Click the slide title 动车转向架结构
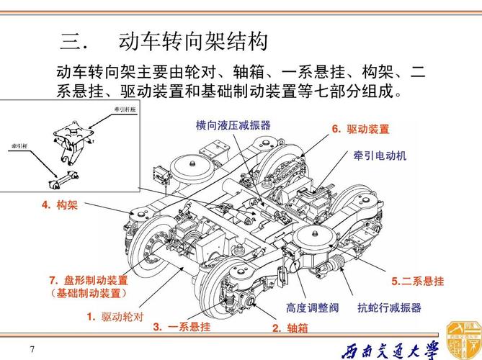point(193,41)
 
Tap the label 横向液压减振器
point(233,125)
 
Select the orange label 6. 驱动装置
point(360,130)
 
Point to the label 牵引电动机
point(380,155)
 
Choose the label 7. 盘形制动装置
point(88,280)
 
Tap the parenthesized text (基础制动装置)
point(89,294)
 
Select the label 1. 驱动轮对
point(115,316)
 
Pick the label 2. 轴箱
point(290,328)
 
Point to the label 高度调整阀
point(312,308)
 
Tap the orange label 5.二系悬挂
point(417,281)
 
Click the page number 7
point(32,349)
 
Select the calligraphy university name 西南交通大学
point(388,350)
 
